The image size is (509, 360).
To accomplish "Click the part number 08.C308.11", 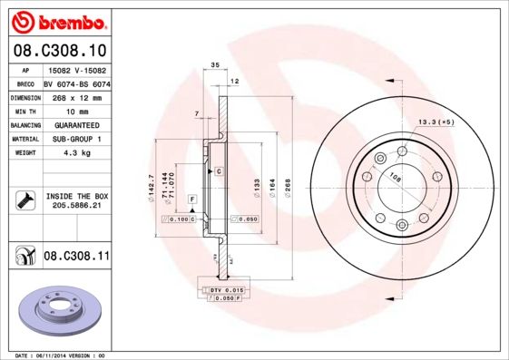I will coord(76,257).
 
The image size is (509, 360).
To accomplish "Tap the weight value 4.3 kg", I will coord(76,153).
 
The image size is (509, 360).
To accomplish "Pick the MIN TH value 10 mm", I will coord(76,110).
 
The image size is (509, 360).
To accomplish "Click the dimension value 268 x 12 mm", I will coord(76,96).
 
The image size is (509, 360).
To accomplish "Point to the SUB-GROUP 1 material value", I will coord(76,139).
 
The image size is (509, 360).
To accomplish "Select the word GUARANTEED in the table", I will coord(76,124).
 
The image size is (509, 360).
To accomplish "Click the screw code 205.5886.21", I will coord(77,206).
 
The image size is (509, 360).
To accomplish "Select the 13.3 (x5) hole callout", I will coord(435,121).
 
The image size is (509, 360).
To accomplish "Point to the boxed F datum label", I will coord(191,198).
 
